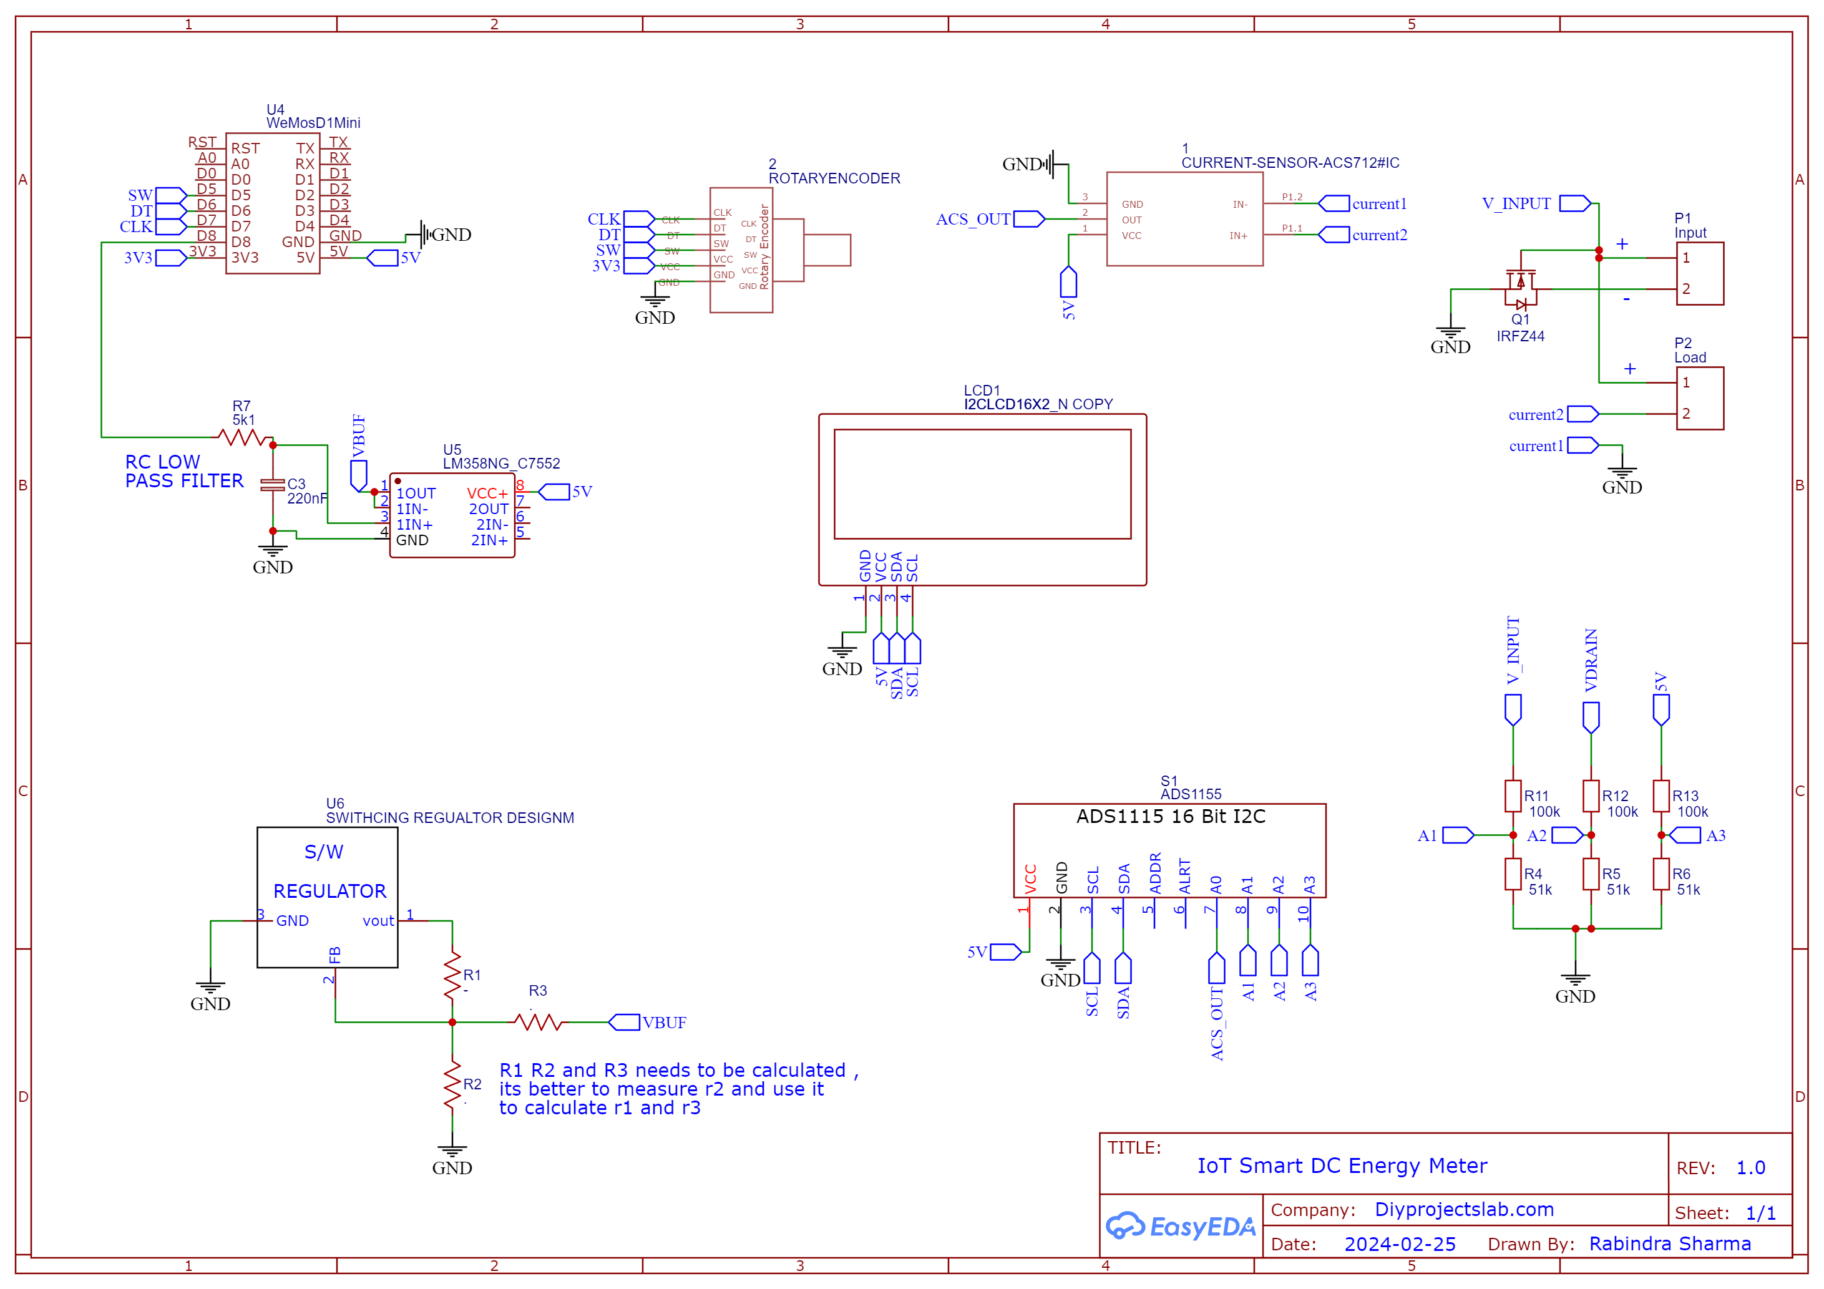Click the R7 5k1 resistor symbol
[x=245, y=437]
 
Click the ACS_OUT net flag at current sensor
[x=1029, y=219]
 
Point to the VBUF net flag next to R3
[x=625, y=1022]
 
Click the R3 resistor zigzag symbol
[x=538, y=1022]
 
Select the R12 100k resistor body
[x=1591, y=795]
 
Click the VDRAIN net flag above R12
[x=1591, y=717]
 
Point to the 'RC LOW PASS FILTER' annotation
[x=183, y=472]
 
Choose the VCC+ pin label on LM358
[x=487, y=494]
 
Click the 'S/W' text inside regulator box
[x=324, y=852]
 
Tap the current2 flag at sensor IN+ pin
[x=1335, y=235]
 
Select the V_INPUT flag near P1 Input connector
[x=1574, y=203]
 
